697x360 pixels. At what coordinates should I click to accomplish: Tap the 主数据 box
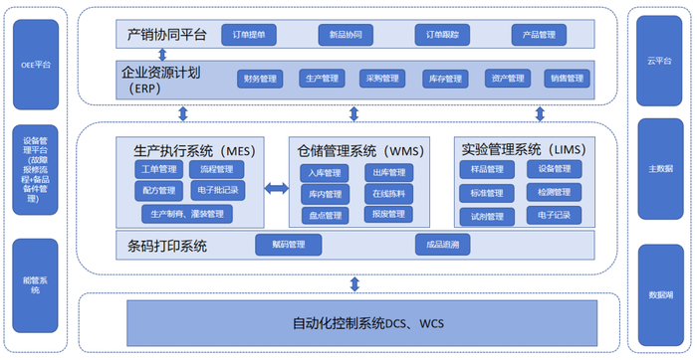[x=658, y=168]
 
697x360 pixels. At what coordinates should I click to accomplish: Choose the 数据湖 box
[x=658, y=294]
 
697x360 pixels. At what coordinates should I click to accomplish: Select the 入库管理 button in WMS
[x=325, y=173]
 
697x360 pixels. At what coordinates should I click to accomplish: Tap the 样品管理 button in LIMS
[x=482, y=170]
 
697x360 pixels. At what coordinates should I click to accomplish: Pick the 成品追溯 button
[x=442, y=244]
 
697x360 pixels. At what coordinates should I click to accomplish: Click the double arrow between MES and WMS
[x=276, y=188]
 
